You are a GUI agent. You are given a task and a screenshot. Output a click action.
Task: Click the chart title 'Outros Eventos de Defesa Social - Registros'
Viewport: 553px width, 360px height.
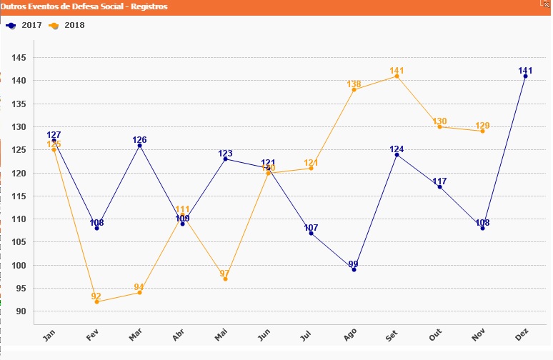tap(84, 6)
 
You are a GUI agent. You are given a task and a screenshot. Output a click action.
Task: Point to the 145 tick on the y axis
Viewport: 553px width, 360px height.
tap(19, 57)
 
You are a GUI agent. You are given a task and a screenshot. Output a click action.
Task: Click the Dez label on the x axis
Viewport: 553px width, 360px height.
tap(522, 334)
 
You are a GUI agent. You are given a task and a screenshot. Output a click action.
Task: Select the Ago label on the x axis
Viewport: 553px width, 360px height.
tap(350, 334)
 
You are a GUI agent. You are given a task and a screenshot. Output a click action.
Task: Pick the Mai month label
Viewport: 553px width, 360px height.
tap(221, 334)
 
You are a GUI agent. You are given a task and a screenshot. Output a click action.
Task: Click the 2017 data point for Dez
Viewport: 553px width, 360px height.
tap(525, 76)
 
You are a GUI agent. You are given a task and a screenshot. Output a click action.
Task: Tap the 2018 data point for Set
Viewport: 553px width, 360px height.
tap(397, 76)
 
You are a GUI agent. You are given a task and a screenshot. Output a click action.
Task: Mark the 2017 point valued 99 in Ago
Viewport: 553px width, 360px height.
tap(354, 270)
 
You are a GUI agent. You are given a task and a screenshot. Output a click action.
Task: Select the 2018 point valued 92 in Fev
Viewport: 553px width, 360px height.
tap(96, 302)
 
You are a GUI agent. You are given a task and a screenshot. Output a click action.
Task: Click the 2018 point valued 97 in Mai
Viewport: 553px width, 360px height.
tap(225, 279)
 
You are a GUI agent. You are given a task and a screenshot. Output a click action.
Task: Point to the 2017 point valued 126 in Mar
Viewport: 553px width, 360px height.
tap(139, 145)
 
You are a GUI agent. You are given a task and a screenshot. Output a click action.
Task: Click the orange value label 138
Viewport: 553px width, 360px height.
tap(354, 84)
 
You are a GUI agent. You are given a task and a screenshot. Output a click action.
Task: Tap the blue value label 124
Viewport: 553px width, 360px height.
tap(397, 149)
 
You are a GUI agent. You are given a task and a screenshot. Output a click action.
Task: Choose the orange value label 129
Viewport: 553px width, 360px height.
tap(482, 126)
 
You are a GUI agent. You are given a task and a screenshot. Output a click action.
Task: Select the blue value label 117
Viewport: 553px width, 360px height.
tap(439, 181)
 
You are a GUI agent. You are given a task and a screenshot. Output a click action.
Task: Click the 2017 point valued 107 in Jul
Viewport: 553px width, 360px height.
tap(311, 233)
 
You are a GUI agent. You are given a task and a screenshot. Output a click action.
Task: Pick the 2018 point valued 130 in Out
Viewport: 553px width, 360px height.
tap(439, 126)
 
